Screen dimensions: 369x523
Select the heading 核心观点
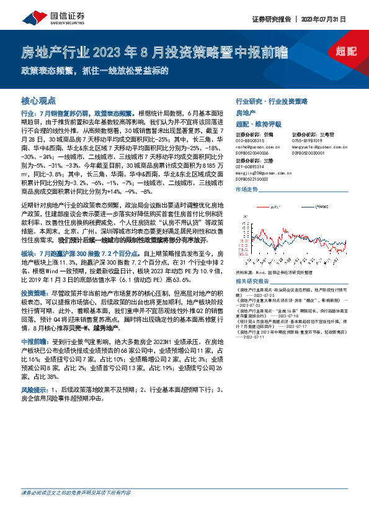pyautogui.click(x=38, y=100)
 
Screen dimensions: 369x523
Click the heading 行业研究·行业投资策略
pyautogui.click(x=271, y=101)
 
